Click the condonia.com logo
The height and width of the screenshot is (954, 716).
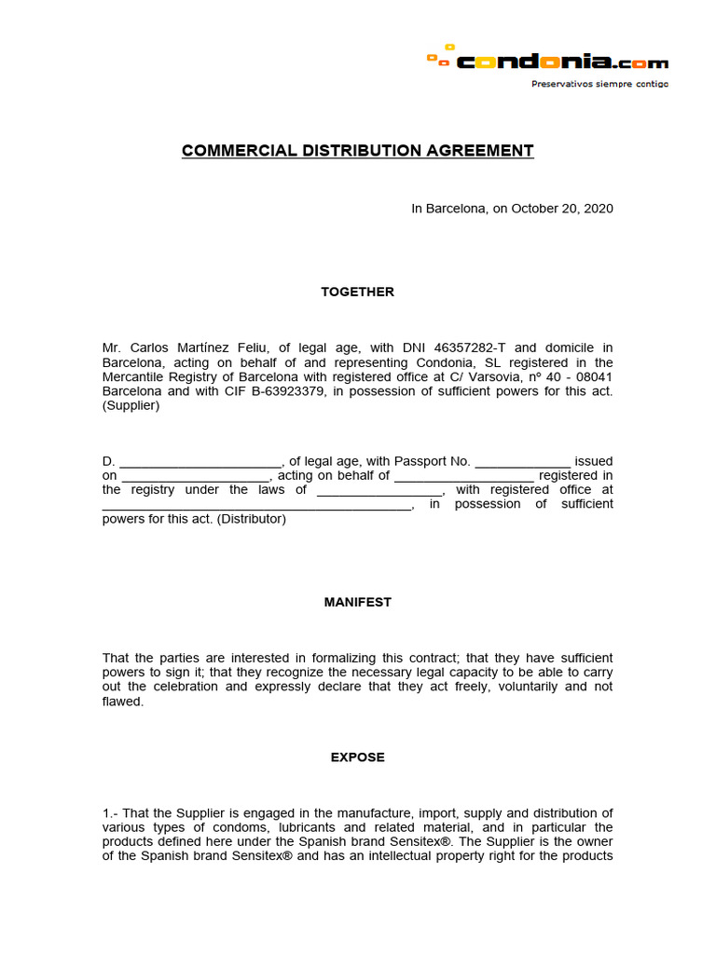(x=547, y=61)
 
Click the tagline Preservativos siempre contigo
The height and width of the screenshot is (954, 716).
(x=599, y=84)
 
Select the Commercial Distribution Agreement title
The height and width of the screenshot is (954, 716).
(x=357, y=151)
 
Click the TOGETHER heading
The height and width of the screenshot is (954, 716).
(x=357, y=292)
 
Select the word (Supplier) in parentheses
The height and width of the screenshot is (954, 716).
(x=131, y=405)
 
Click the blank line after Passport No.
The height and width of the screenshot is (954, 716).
(x=522, y=461)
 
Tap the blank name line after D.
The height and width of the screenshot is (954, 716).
(x=200, y=461)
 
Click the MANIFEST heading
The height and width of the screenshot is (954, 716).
(x=357, y=602)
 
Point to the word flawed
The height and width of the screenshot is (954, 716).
(x=122, y=702)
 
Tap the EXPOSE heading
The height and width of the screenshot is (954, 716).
(x=357, y=757)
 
